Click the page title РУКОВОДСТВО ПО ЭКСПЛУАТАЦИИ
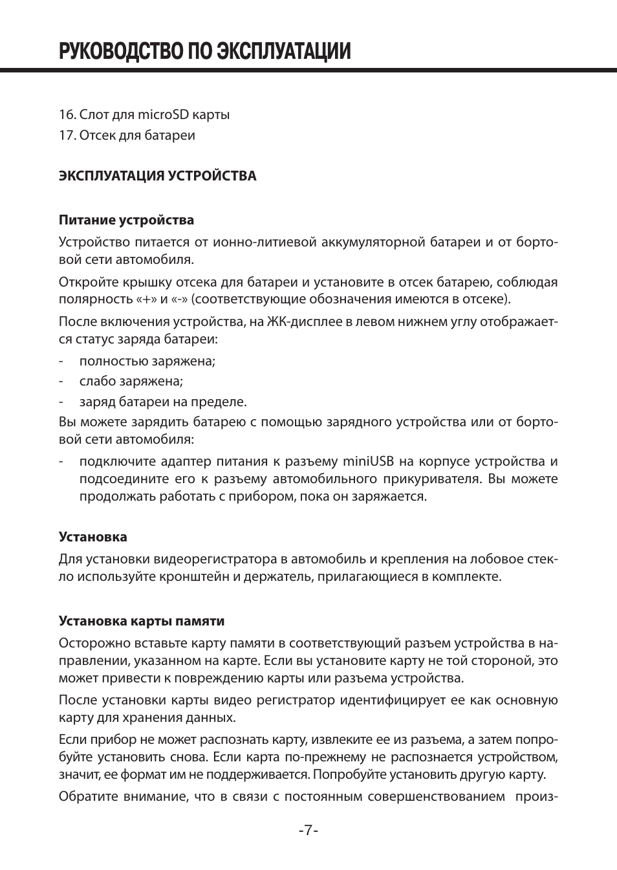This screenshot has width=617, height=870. click(204, 51)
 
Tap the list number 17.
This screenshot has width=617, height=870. click(67, 135)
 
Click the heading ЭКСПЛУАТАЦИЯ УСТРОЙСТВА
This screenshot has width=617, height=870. click(157, 176)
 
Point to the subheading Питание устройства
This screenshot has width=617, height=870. click(126, 220)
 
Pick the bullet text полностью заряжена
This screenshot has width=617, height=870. click(147, 361)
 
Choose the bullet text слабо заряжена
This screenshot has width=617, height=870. click(131, 381)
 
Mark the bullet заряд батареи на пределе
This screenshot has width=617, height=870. click(163, 401)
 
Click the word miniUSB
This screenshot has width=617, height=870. click(368, 461)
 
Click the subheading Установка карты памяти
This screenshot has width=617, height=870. click(142, 621)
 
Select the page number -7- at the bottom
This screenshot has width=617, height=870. click(308, 831)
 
